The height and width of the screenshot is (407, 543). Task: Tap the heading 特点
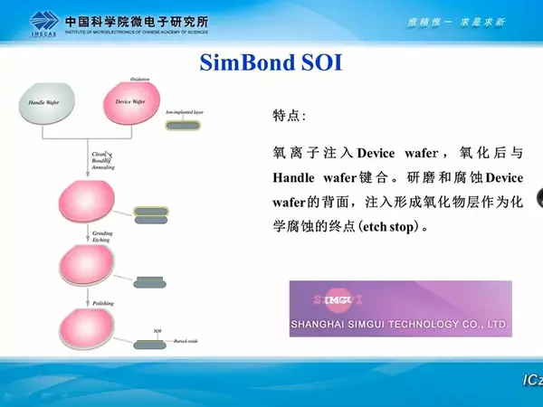pyautogui.click(x=289, y=117)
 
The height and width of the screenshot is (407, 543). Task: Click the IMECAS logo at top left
pyautogui.click(x=41, y=21)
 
